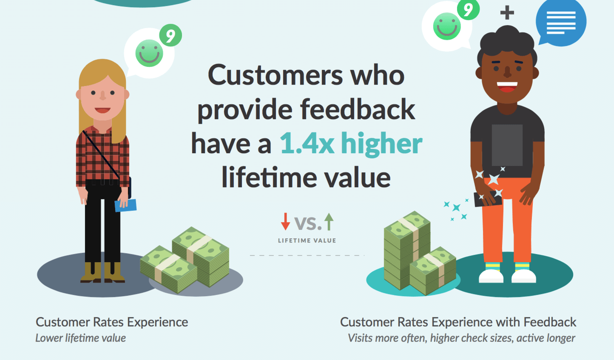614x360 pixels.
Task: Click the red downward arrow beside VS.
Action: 285,222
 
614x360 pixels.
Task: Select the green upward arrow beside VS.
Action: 329,222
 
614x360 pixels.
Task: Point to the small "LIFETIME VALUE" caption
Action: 307,240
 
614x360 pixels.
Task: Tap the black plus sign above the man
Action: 507,13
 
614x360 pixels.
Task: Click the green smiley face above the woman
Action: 149,53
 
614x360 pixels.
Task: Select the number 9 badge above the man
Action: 468,9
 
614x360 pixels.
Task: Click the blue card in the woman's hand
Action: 126,206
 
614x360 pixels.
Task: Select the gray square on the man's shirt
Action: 507,145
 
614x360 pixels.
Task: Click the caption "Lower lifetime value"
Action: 81,338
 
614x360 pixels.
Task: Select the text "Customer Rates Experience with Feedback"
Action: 458,322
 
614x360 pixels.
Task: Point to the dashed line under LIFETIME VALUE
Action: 307,255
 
